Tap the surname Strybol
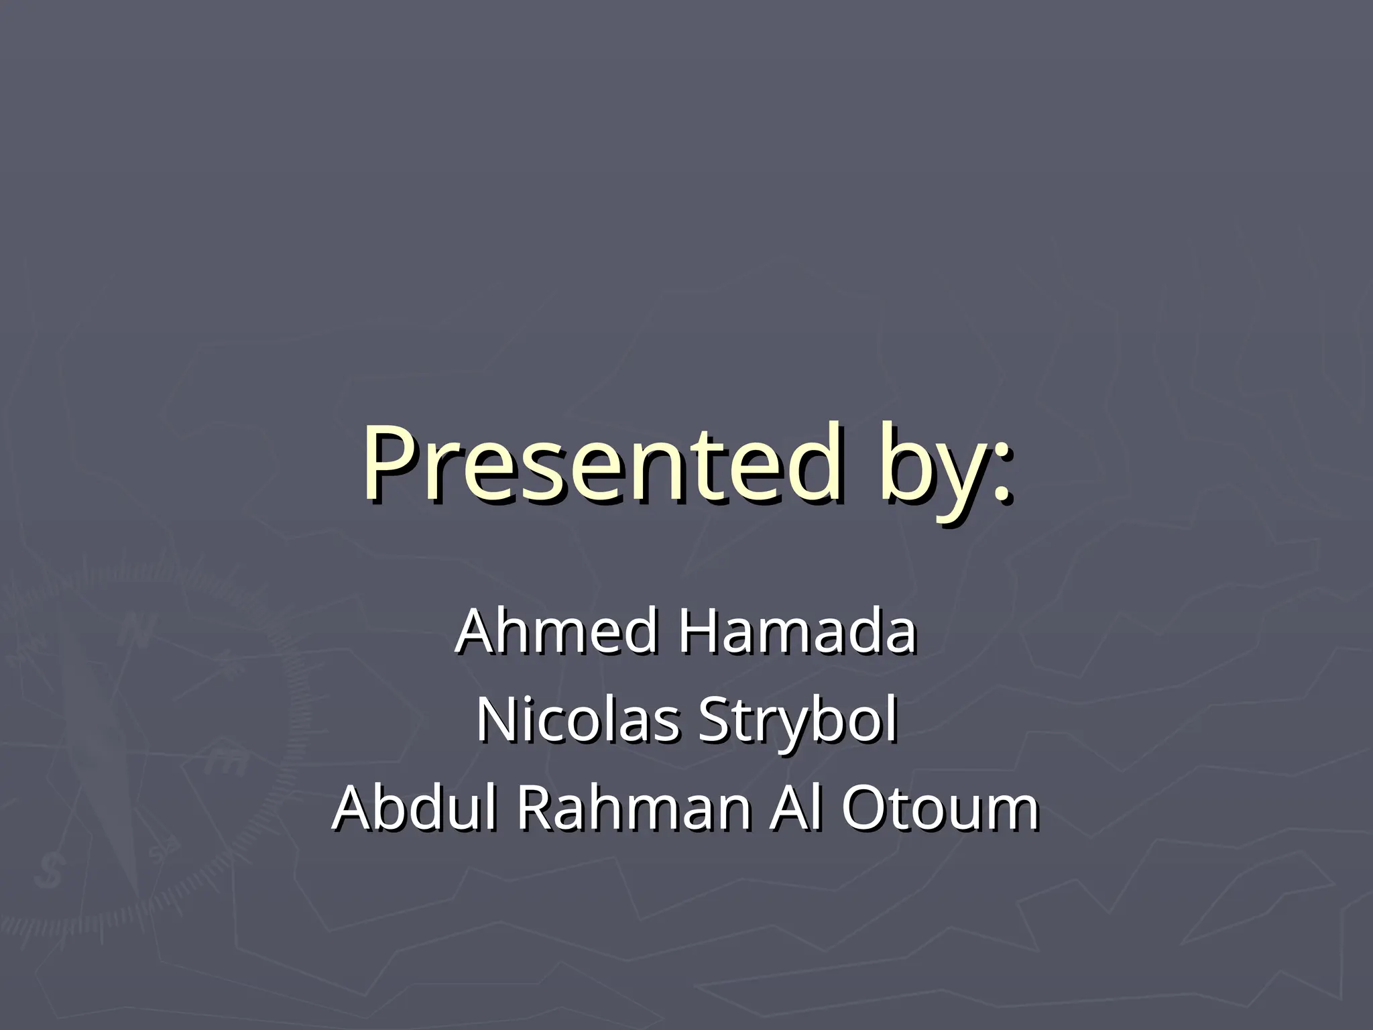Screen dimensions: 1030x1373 tap(796, 723)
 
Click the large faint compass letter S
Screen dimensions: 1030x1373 tap(50, 872)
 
